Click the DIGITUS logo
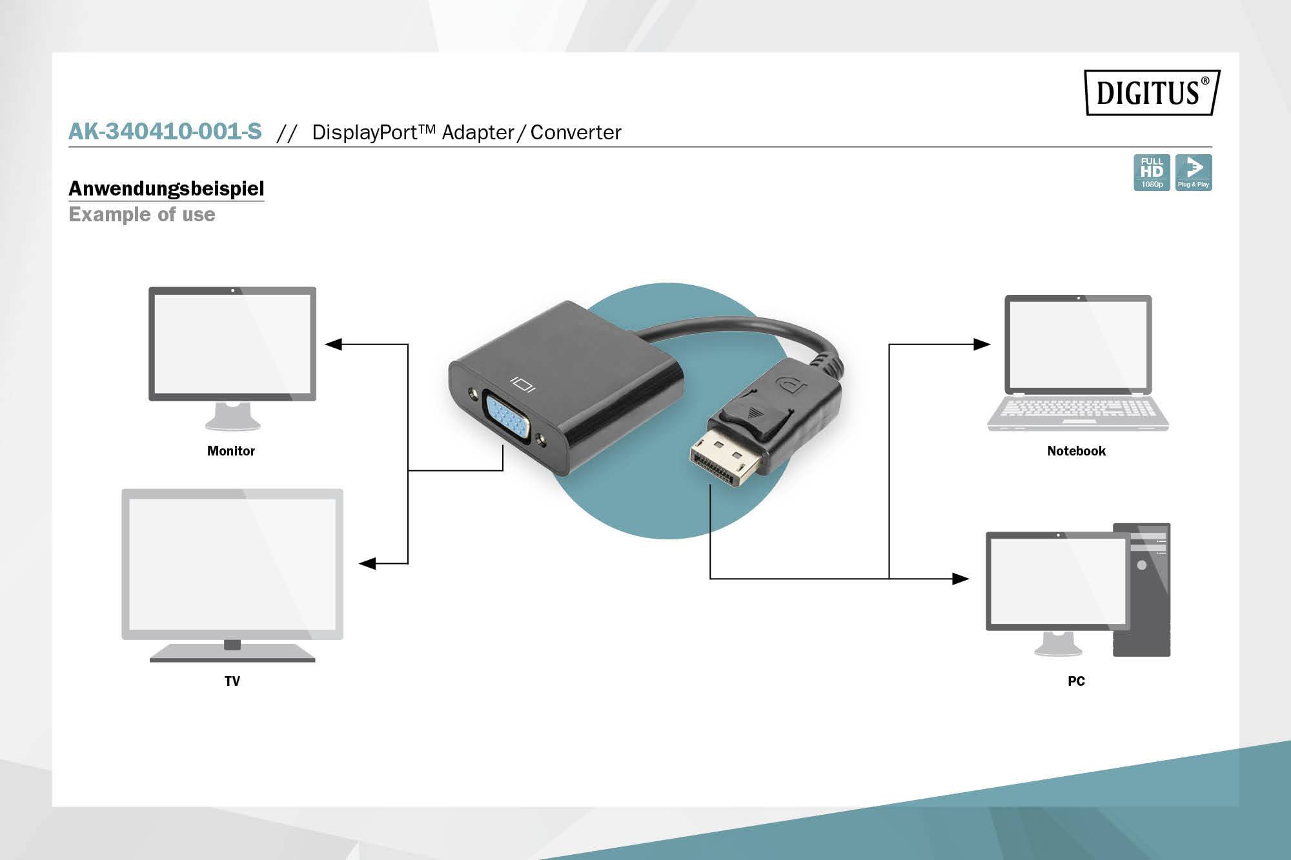(1152, 92)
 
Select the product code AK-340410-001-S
(165, 132)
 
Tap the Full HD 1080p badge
(1152, 172)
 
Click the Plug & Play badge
(1194, 172)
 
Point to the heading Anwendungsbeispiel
(167, 188)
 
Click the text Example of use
(142, 214)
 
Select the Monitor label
(231, 451)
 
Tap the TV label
(232, 681)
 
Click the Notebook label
(1076, 451)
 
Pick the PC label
(1076, 681)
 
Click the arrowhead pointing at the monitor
(334, 345)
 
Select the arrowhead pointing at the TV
(367, 564)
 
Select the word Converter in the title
(576, 132)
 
